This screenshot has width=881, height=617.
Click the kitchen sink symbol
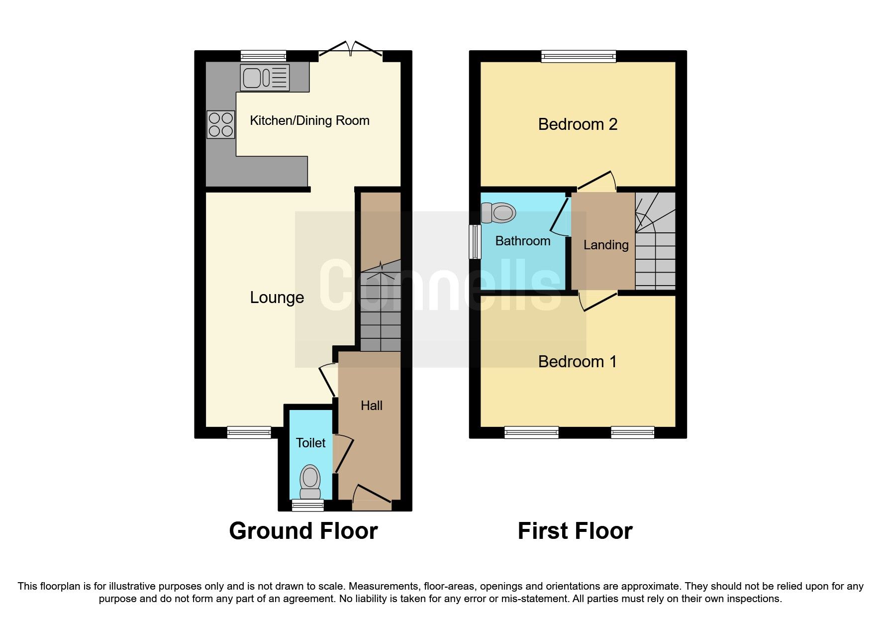point(264,78)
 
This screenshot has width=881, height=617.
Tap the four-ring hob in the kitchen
point(221,124)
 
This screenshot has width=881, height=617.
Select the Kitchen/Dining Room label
point(309,120)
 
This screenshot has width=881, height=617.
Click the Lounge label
point(277,298)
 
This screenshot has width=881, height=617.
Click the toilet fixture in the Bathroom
point(498,213)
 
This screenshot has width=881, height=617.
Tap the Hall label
point(371,406)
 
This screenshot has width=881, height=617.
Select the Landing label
point(605,245)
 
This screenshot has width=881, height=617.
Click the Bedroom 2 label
point(578,124)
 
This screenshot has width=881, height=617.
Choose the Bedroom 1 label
point(577,361)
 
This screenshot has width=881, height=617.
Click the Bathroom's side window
point(476,242)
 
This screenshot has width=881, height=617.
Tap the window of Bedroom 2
point(579,56)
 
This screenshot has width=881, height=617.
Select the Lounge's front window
point(249,432)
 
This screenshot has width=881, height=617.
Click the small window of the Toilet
point(307,506)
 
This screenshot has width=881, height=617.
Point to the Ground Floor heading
point(303,531)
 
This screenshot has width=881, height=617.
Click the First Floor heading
point(575,531)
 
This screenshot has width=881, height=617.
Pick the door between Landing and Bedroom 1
point(599,302)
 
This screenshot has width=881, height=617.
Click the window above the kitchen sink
point(263,56)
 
